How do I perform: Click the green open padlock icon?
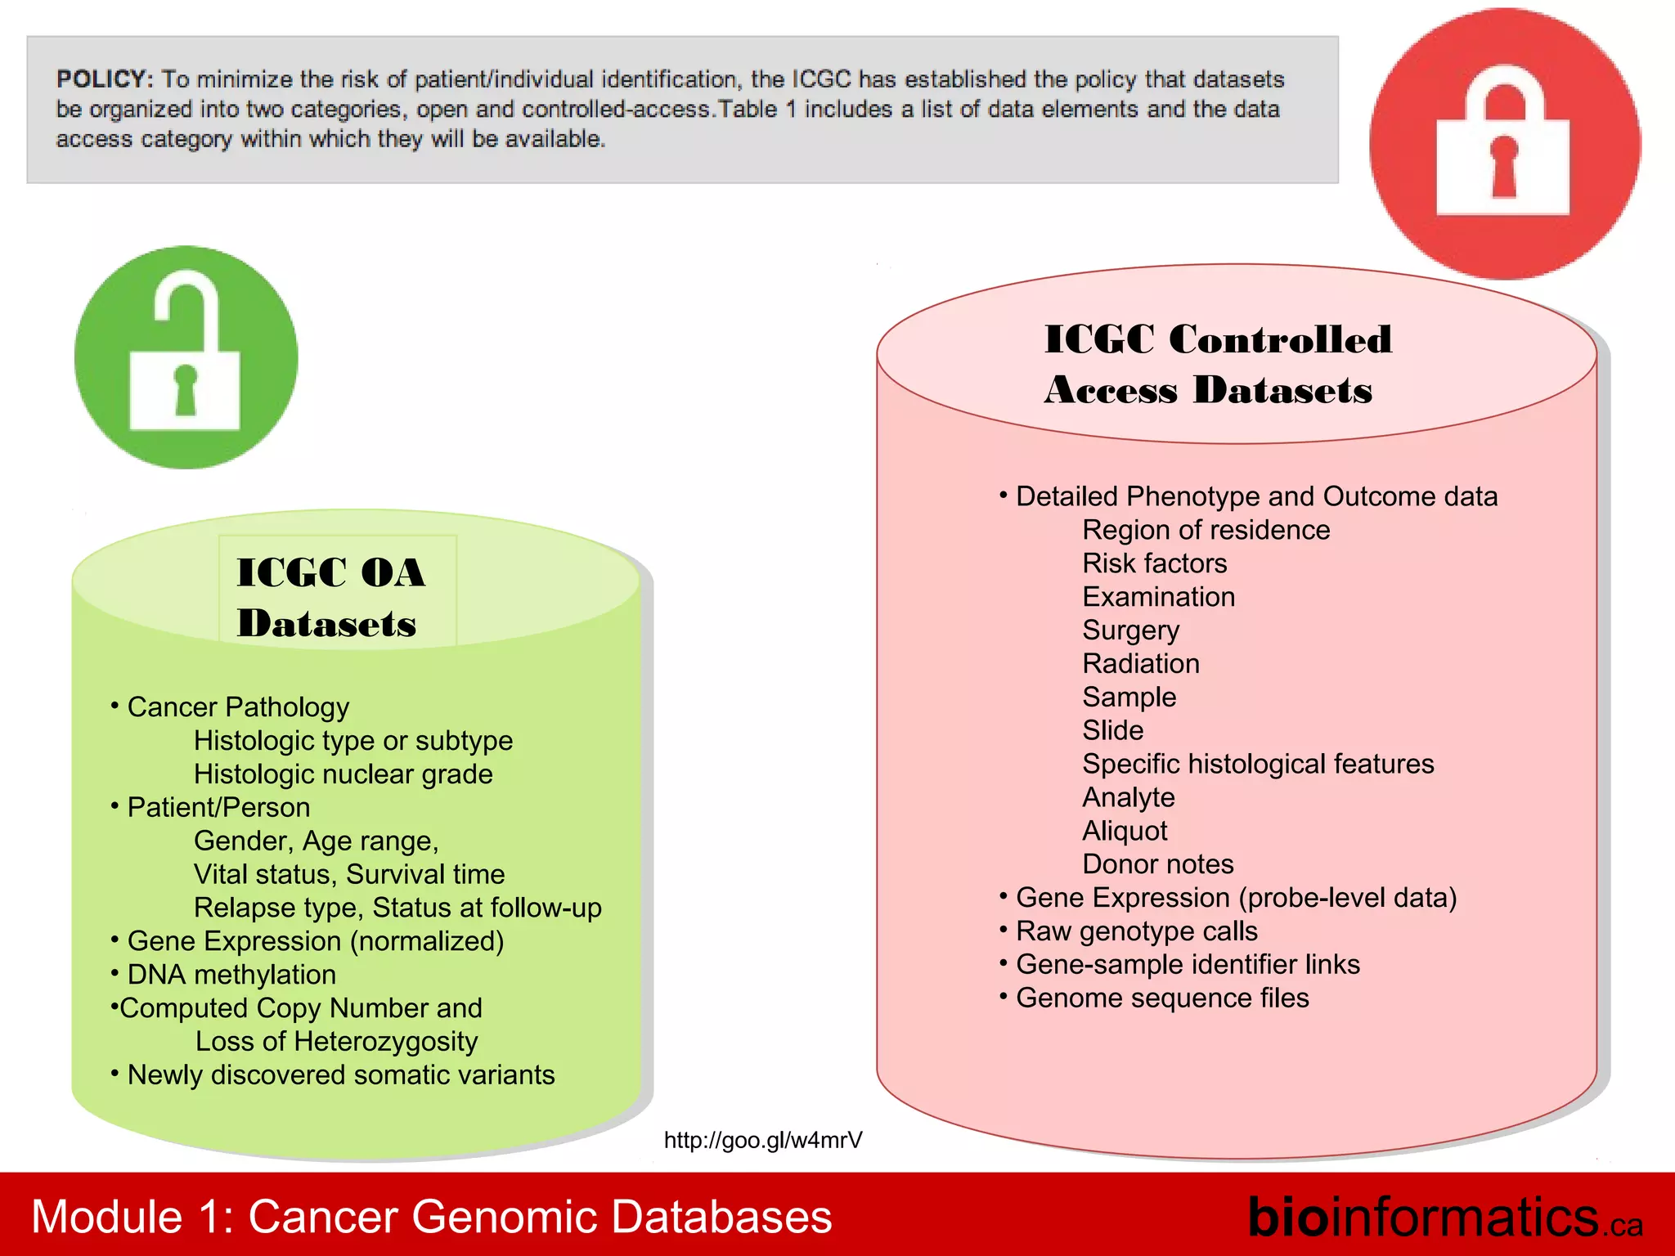point(186,358)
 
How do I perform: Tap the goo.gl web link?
point(762,1140)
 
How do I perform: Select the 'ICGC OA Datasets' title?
point(330,597)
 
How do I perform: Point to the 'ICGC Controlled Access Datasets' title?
point(1217,364)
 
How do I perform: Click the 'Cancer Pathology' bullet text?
point(238,706)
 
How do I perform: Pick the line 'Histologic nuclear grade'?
point(343,774)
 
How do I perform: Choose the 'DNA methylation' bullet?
point(231,975)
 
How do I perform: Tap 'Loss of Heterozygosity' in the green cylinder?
point(336,1041)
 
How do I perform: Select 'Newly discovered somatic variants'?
point(340,1074)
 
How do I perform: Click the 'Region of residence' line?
point(1206,530)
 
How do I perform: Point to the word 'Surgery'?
point(1130,630)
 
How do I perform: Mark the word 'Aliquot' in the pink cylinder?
point(1125,831)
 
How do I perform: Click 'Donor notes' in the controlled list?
point(1157,864)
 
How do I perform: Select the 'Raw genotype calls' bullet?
point(1136,931)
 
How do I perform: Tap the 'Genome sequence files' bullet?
point(1161,998)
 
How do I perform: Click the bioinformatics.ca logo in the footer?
point(1444,1218)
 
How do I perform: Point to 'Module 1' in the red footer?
point(131,1217)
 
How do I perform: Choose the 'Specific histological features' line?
point(1257,764)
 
